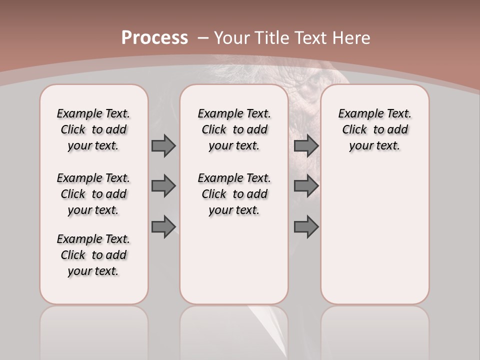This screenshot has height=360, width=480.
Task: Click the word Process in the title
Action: (x=154, y=37)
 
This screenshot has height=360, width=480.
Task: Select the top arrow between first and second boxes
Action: (x=163, y=145)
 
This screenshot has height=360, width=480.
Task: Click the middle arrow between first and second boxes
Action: (x=163, y=186)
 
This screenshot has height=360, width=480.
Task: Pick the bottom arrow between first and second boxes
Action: (x=163, y=226)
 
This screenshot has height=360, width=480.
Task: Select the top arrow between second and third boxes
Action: (x=306, y=145)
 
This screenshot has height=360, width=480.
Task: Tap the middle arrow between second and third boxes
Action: (x=306, y=186)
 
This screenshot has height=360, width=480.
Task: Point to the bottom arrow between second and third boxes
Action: (x=306, y=226)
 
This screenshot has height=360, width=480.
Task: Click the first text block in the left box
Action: (x=93, y=129)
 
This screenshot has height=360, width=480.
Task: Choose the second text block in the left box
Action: (x=93, y=194)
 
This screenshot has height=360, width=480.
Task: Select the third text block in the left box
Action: (x=93, y=255)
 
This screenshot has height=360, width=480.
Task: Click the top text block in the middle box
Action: (x=234, y=129)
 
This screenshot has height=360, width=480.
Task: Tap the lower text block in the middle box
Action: (x=234, y=194)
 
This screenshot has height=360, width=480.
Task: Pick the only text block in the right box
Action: (x=375, y=129)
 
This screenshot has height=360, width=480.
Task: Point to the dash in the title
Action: (x=203, y=38)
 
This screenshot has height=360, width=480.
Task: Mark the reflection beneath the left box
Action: (x=94, y=330)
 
